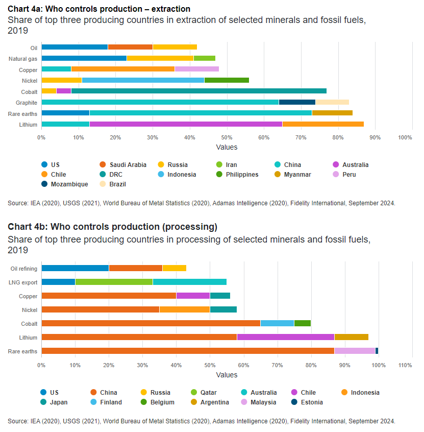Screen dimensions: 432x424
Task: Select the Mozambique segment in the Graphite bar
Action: pyautogui.click(x=297, y=102)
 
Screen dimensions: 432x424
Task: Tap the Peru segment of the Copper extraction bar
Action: pyautogui.click(x=196, y=69)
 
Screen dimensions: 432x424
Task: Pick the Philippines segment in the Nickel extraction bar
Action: pyautogui.click(x=227, y=80)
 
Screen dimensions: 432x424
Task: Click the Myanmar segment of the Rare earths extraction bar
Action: pyautogui.click(x=332, y=113)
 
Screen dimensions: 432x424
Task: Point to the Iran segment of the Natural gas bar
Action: pyautogui.click(x=205, y=58)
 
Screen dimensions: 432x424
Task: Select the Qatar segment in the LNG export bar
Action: pyautogui.click(x=114, y=282)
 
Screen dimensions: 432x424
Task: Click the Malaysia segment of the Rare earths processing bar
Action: pyautogui.click(x=355, y=351)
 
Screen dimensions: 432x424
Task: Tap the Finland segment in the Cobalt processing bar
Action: pyautogui.click(x=277, y=323)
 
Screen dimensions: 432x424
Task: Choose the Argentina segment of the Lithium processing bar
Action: pyautogui.click(x=351, y=337)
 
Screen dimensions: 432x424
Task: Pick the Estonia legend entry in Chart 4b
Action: pyautogui.click(x=312, y=402)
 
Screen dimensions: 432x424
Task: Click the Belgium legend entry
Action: pyautogui.click(x=162, y=402)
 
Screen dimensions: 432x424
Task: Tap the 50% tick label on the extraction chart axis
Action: pyautogui.click(x=227, y=138)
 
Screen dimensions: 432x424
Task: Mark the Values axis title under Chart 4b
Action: pyautogui.click(x=226, y=375)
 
